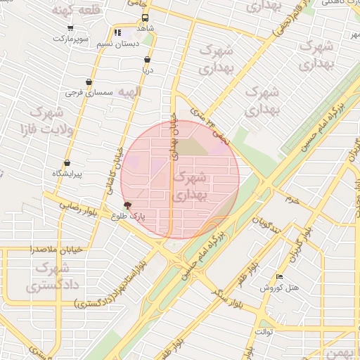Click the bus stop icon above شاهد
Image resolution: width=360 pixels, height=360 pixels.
(x=145, y=18)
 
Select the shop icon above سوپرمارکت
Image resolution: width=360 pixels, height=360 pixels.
(x=70, y=28)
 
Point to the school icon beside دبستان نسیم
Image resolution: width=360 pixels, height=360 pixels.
(x=117, y=32)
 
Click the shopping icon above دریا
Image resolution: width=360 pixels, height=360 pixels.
(x=146, y=60)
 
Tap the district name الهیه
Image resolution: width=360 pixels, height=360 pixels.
(x=129, y=92)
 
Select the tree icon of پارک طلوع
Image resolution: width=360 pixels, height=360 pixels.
(x=127, y=205)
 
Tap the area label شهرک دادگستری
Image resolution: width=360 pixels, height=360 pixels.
(x=50, y=277)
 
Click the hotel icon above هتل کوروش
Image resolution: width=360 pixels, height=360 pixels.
(x=279, y=277)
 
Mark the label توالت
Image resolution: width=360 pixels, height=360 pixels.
(x=264, y=330)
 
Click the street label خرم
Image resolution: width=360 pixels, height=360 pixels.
(x=292, y=199)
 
